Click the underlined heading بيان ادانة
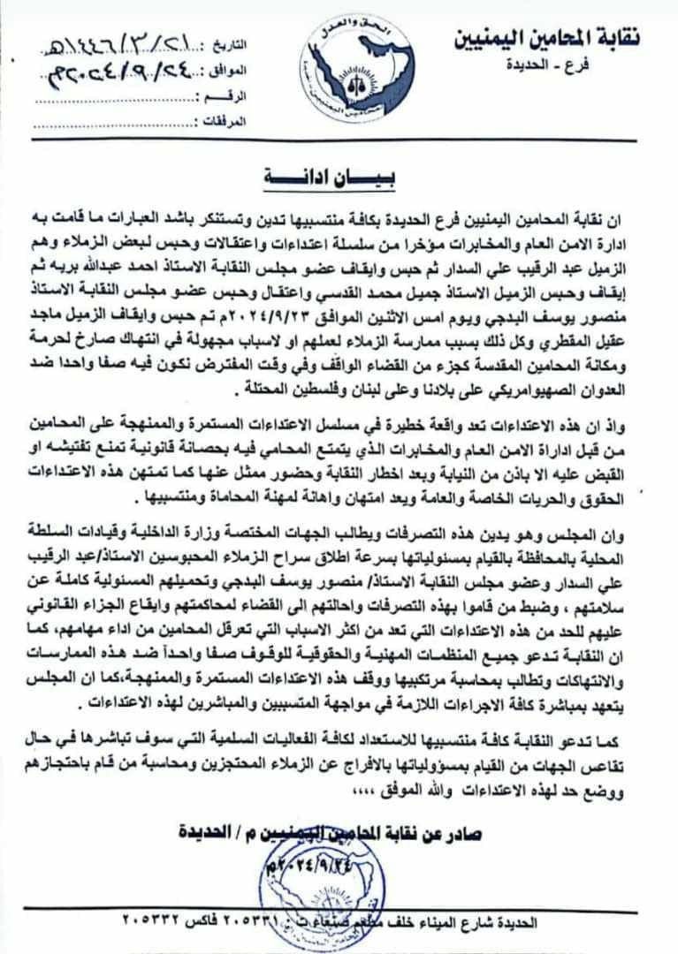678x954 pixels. coord(331,176)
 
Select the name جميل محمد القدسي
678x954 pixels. coord(356,291)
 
